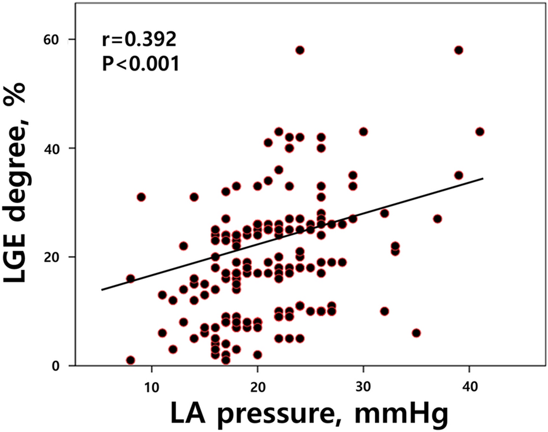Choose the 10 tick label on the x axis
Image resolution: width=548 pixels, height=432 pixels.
point(151,385)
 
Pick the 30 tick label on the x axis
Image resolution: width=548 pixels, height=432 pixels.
point(363,385)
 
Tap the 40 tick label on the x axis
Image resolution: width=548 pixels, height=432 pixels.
point(469,385)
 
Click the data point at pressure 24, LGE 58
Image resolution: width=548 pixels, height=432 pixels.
point(299,50)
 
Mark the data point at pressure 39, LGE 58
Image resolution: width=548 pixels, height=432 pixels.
point(459,50)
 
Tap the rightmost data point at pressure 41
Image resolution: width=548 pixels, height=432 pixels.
point(480,131)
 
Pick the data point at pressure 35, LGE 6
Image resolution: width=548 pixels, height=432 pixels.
point(416,333)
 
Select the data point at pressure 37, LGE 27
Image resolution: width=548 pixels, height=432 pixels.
point(437,219)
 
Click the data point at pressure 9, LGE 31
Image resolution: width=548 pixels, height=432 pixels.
point(141,197)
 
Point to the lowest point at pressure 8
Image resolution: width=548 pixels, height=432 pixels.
point(130,360)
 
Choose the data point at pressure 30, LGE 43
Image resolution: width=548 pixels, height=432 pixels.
point(363,131)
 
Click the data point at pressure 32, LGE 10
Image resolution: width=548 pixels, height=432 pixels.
point(384,312)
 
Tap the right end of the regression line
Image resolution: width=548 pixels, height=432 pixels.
point(483,178)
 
